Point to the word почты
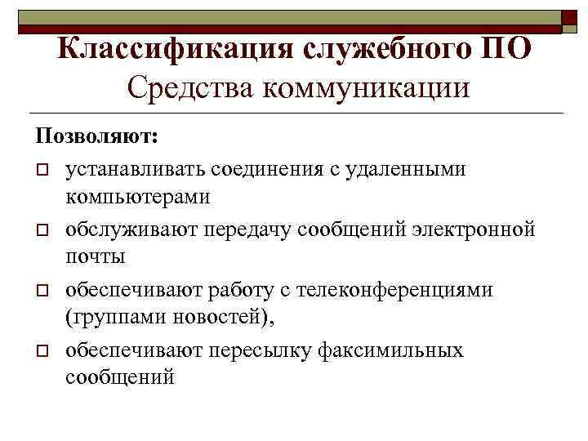(x=96, y=256)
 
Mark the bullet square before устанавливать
(x=40, y=171)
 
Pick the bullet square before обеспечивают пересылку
(x=40, y=352)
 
